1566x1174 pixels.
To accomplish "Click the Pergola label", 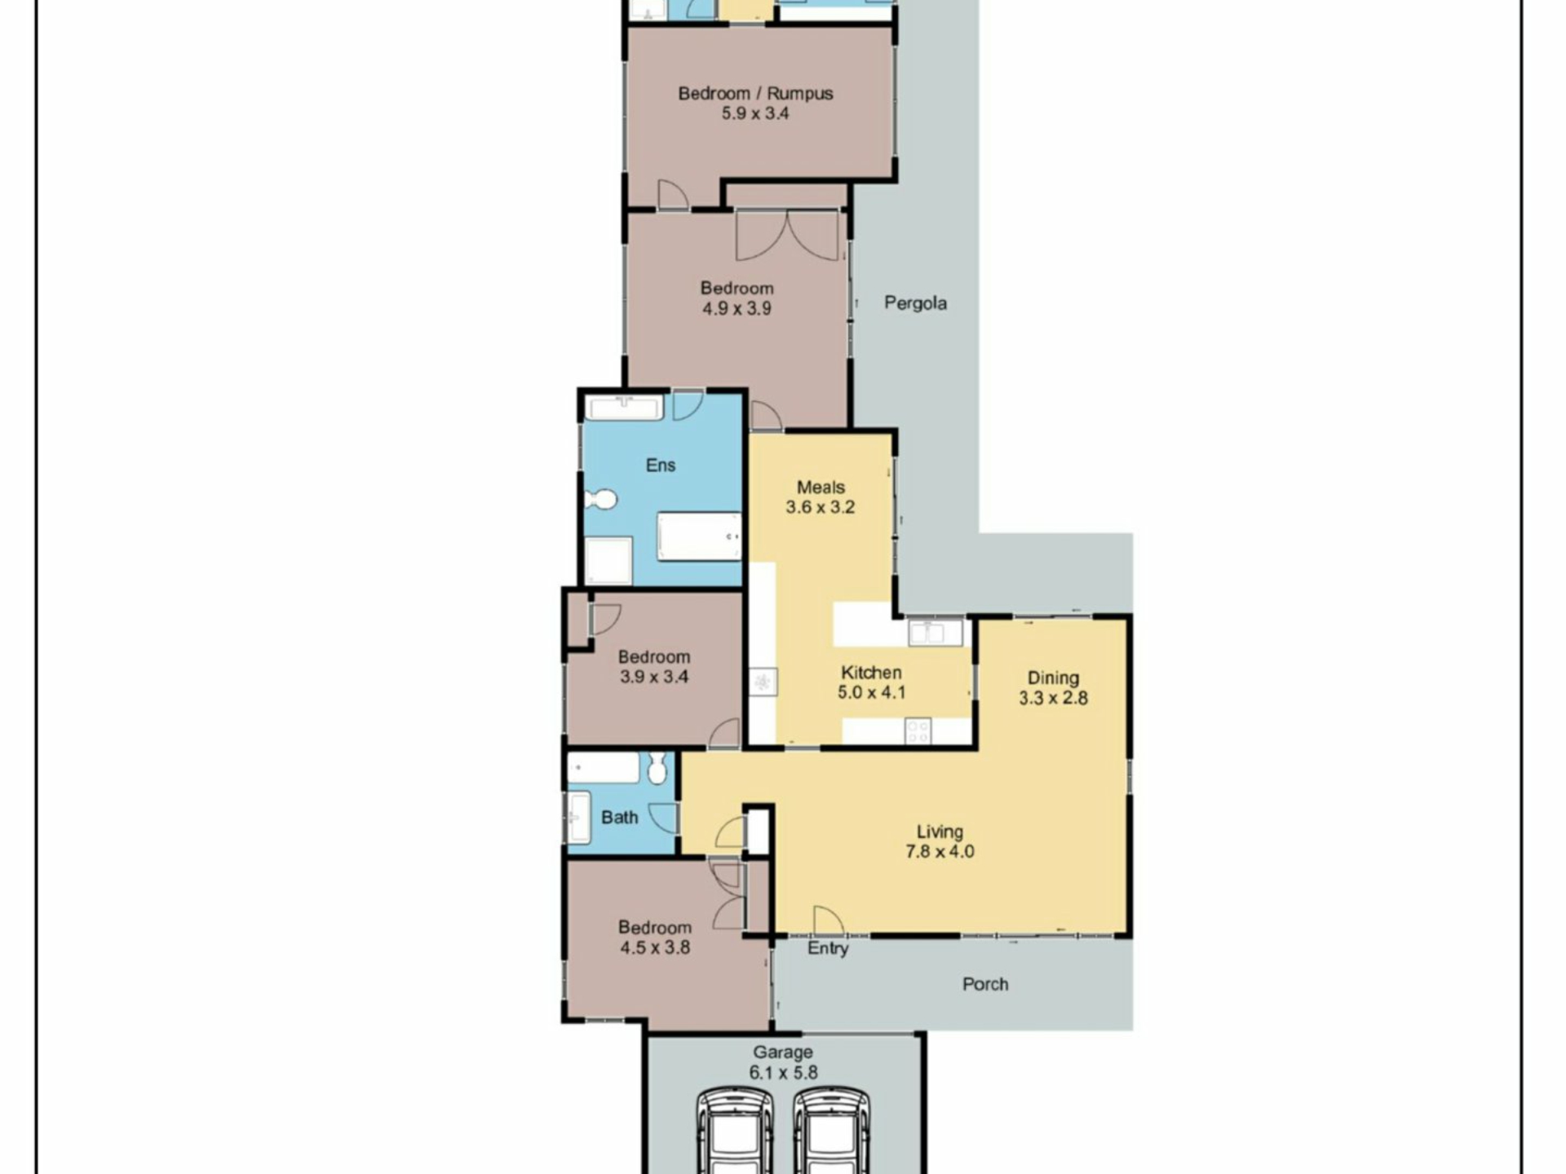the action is [x=915, y=303].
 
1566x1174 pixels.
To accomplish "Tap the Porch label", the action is [x=985, y=984].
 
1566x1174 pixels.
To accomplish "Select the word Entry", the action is [x=828, y=948].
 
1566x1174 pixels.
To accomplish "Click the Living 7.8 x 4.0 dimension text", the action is [x=940, y=852].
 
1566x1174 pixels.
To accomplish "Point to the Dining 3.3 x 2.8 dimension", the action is [x=1053, y=698].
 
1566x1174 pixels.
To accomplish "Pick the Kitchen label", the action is [x=871, y=673].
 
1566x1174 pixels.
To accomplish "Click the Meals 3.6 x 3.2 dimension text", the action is [x=821, y=507].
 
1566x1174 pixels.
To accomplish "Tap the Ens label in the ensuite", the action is [x=661, y=465].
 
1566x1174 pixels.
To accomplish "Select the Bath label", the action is [x=619, y=817].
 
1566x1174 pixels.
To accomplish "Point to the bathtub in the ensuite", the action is [x=699, y=536].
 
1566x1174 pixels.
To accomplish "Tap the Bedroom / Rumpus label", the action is [x=755, y=94].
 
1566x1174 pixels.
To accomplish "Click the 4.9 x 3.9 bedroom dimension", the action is [x=737, y=309].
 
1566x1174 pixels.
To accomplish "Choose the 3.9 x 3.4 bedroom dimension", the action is [x=654, y=677].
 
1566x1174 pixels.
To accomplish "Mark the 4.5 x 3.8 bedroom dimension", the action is [x=655, y=947].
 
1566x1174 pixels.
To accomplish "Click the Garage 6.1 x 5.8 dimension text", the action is [x=783, y=1073].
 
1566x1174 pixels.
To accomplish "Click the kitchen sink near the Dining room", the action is [x=936, y=632].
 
